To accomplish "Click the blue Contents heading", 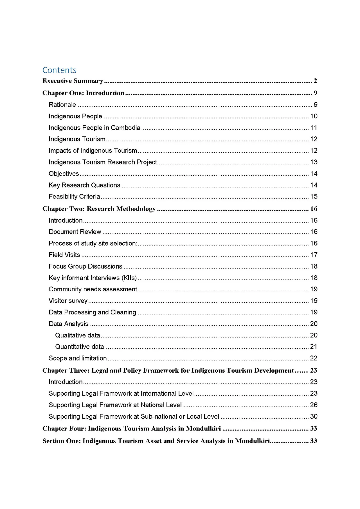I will coord(59,70).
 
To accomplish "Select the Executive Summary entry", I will coord(73,81).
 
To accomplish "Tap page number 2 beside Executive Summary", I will coord(315,81).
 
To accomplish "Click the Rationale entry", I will coord(62,105).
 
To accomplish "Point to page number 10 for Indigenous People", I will coord(314,116).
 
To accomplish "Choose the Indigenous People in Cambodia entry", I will coord(94,128).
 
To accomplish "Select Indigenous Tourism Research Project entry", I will coord(103,162).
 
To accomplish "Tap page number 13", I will coord(314,162).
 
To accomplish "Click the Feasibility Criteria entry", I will coord(74,197).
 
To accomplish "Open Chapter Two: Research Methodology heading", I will coord(99,209).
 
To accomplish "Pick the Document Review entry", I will coord(75,232).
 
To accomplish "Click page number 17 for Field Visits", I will coord(314,255).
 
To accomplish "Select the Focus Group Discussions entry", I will coord(85,266).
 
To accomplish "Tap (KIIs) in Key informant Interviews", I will coord(129,278).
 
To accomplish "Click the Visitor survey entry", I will coord(68,301).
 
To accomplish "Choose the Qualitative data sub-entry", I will coord(77,335).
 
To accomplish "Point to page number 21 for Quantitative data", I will coord(314,347).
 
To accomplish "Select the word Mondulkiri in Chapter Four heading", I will coord(203,429).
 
